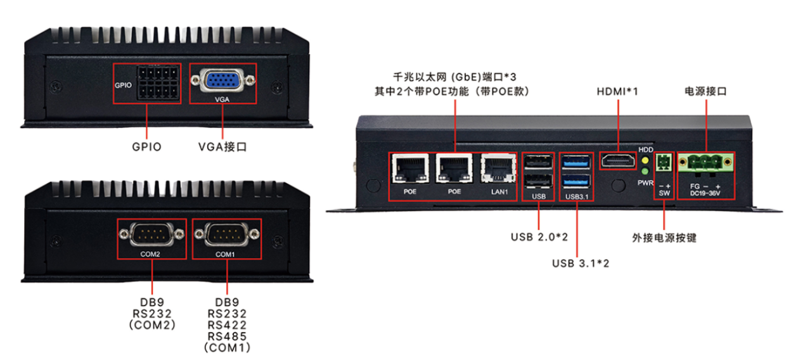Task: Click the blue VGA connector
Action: tap(223, 81)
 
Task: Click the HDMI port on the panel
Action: tap(618, 161)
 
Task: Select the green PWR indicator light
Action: tap(645, 171)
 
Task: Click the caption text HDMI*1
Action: tap(617, 91)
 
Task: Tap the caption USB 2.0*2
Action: tap(539, 237)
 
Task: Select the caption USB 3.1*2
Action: tap(580, 262)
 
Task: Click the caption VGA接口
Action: tap(222, 146)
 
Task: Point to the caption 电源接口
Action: tap(705, 91)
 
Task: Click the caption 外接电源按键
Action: tap(664, 238)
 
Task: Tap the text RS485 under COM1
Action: tap(227, 336)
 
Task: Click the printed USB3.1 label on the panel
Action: tap(577, 196)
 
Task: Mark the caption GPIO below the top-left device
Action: tap(146, 146)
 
